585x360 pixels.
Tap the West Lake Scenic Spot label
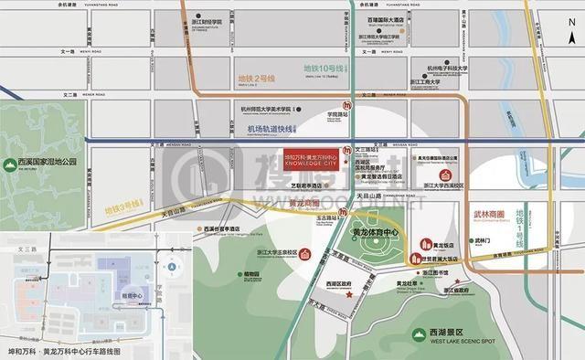pyautogui.click(x=452, y=338)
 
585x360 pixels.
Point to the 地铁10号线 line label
pyautogui.click(x=323, y=69)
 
